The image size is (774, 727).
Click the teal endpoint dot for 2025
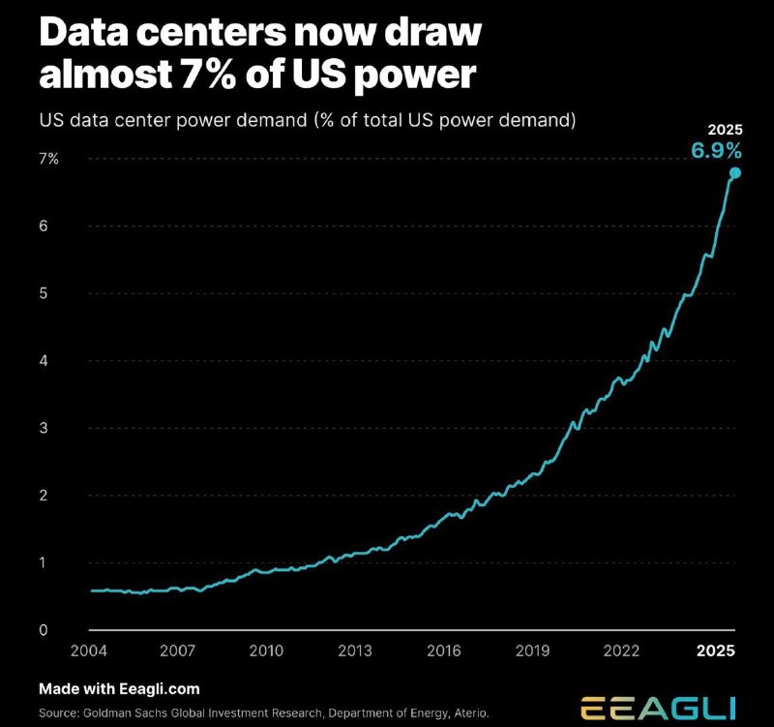pos(735,173)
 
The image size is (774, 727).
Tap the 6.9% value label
pos(716,150)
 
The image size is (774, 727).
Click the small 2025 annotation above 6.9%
pos(725,130)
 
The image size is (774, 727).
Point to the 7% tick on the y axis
pos(49,159)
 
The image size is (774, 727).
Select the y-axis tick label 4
pos(44,360)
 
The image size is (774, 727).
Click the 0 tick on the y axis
pos(44,629)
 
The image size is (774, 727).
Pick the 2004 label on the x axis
pos(89,651)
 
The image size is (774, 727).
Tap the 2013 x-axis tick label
pos(355,651)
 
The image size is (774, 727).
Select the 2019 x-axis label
pos(533,651)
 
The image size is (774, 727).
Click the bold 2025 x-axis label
pos(716,651)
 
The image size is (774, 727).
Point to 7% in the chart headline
pos(208,75)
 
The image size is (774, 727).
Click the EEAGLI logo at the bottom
pos(658,709)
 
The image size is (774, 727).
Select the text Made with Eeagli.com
pos(119,689)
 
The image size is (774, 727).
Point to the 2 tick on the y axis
pos(44,496)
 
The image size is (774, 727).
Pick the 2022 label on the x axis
pos(621,651)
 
